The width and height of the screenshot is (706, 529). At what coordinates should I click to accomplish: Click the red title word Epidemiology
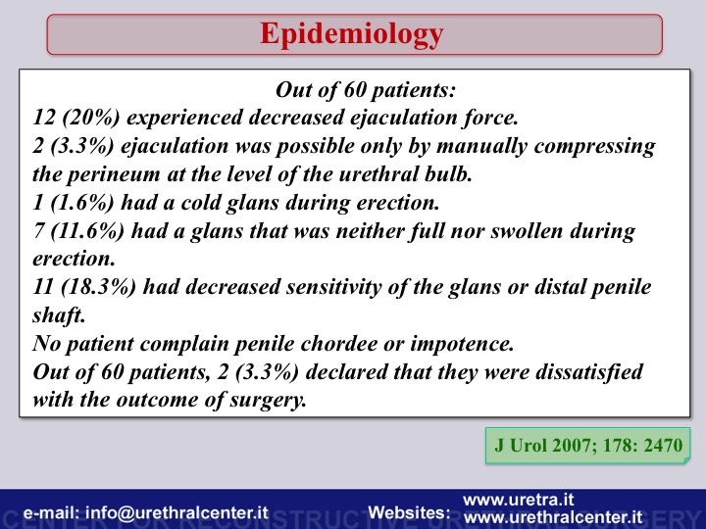pyautogui.click(x=352, y=34)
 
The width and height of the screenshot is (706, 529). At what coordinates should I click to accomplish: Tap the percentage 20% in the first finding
pyautogui.click(x=91, y=118)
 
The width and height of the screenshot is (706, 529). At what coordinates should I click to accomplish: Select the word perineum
pyautogui.click(x=114, y=174)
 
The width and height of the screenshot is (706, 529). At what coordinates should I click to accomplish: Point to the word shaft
pyautogui.click(x=59, y=314)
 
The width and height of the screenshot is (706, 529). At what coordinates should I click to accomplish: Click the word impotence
pyautogui.click(x=462, y=344)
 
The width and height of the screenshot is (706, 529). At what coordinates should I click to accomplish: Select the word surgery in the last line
pyautogui.click(x=269, y=400)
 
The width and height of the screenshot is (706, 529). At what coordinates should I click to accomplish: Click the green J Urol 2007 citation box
pyautogui.click(x=587, y=446)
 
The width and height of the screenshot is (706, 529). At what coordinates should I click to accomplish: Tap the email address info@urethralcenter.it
pyautogui.click(x=176, y=512)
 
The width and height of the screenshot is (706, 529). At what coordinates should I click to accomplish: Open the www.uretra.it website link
pyautogui.click(x=519, y=500)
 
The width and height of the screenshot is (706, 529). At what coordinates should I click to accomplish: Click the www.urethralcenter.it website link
pyautogui.click(x=553, y=517)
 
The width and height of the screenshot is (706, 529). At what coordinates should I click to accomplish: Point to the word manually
pyautogui.click(x=481, y=147)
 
